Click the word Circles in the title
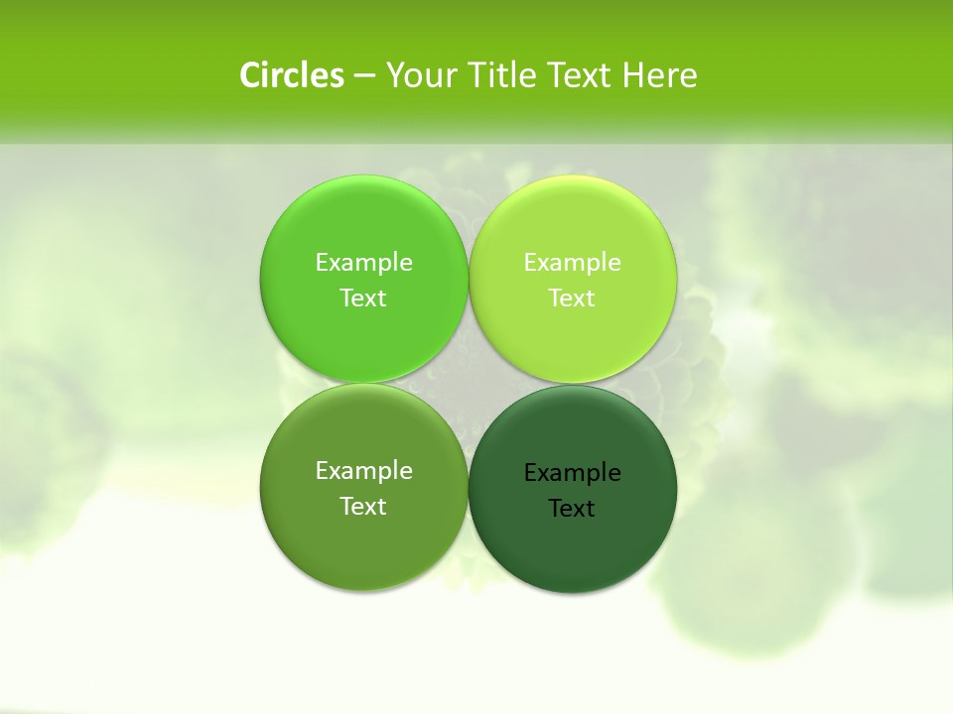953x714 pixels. pyautogui.click(x=292, y=75)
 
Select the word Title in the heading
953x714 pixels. pyautogui.click(x=502, y=75)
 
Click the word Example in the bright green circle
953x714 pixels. pyautogui.click(x=363, y=262)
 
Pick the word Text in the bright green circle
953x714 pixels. pyautogui.click(x=363, y=297)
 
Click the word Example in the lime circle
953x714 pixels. pyautogui.click(x=572, y=262)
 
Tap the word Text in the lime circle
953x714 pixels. pyautogui.click(x=572, y=297)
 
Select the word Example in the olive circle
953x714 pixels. pyautogui.click(x=363, y=470)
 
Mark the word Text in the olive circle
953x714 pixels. pyautogui.click(x=363, y=506)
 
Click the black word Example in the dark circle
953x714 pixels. pyautogui.click(x=572, y=472)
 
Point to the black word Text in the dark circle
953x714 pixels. pyautogui.click(x=572, y=508)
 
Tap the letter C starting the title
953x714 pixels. pyautogui.click(x=250, y=75)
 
